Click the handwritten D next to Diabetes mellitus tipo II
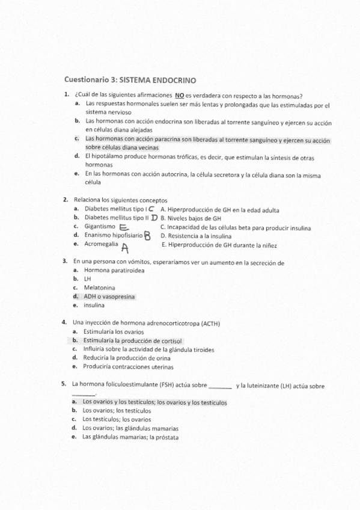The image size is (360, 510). pyautogui.click(x=154, y=218)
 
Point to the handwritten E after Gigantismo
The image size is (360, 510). pyautogui.click(x=124, y=227)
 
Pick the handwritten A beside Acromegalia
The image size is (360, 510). pyautogui.click(x=124, y=247)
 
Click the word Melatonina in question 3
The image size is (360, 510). pyautogui.click(x=99, y=287)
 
